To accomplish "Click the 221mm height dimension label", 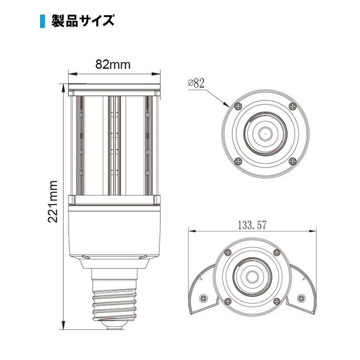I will click(x=53, y=201).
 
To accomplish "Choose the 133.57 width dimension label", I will click(x=252, y=225).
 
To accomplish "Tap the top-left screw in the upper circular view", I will click(x=238, y=105).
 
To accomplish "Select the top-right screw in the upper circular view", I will click(x=292, y=105).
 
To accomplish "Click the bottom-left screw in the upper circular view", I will click(x=238, y=161).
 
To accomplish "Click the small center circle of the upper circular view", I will click(x=265, y=132).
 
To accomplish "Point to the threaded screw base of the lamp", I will click(x=113, y=301).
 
